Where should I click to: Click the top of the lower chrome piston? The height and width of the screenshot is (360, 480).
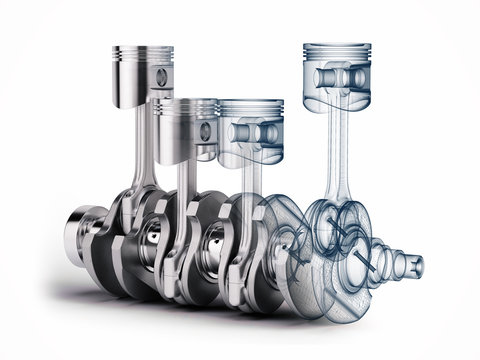[184, 102]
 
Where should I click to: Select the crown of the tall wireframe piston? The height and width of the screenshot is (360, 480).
[331, 44]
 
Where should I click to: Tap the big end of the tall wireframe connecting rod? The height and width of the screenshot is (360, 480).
[330, 225]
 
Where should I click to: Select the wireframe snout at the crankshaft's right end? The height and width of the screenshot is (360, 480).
[406, 266]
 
